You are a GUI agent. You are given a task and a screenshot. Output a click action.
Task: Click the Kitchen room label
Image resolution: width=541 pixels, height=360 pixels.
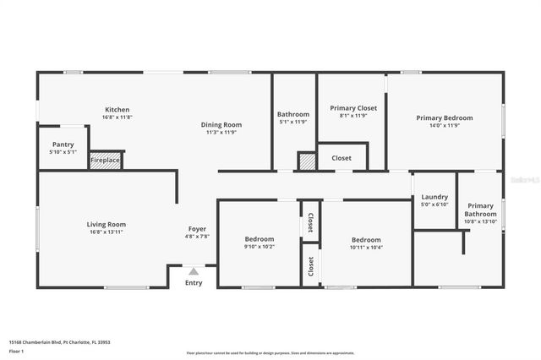coord(117,110)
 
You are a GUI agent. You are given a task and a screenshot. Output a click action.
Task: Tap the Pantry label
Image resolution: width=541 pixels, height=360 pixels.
coord(63,145)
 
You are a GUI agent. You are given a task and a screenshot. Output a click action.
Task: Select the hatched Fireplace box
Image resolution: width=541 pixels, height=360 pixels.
coord(106,160)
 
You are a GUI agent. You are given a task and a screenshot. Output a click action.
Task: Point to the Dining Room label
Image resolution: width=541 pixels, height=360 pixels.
coord(221,124)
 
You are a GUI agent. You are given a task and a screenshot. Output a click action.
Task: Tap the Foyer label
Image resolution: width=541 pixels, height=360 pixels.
coord(197,229)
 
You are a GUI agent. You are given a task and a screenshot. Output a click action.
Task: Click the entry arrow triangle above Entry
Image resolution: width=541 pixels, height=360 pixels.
coord(194,271)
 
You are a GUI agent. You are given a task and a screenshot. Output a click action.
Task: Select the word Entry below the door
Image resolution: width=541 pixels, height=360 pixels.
coord(194,282)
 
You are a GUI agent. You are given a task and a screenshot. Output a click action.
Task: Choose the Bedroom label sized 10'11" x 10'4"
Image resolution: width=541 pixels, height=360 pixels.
coord(366,239)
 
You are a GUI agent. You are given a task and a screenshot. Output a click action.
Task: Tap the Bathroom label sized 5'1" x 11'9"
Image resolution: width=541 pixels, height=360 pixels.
coord(293,114)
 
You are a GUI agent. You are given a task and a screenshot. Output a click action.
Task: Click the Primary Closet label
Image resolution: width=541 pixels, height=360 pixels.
coord(353,108)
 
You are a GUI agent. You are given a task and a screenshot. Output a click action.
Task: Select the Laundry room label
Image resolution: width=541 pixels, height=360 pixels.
coord(434,198)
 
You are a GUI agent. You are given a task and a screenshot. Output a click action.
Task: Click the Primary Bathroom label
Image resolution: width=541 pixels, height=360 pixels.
coord(480,210)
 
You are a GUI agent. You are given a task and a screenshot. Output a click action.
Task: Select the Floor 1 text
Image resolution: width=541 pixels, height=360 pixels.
coord(17,350)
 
